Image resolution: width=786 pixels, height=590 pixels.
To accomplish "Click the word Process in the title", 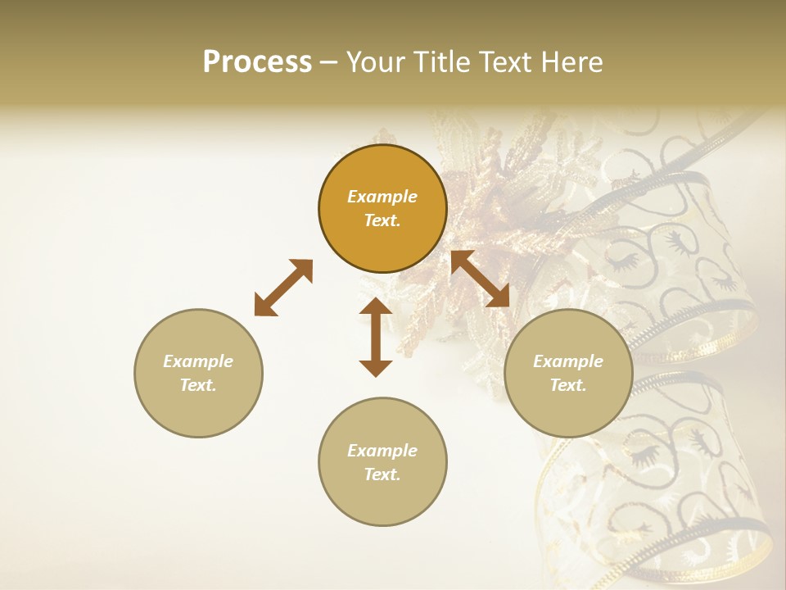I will click(257, 62).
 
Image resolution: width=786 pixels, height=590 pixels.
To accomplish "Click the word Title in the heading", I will click(442, 62).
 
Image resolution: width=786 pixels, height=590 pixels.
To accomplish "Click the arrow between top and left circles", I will click(283, 288).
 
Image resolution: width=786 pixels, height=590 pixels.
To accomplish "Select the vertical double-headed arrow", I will click(376, 337).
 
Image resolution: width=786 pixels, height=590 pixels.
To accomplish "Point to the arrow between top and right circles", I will click(481, 279).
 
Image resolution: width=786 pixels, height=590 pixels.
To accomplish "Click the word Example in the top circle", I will click(382, 197).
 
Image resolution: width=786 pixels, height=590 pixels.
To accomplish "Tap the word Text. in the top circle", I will click(382, 220).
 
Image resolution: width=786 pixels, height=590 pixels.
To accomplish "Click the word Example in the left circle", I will click(198, 361).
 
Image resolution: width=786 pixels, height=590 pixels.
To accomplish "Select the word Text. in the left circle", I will click(198, 385).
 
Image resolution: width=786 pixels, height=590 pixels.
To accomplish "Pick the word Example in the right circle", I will click(568, 361).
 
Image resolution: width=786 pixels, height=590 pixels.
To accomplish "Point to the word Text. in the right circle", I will click(568, 385).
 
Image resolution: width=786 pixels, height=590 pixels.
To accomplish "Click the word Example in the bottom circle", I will click(382, 451).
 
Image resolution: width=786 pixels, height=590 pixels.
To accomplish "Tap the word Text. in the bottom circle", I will click(382, 474).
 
